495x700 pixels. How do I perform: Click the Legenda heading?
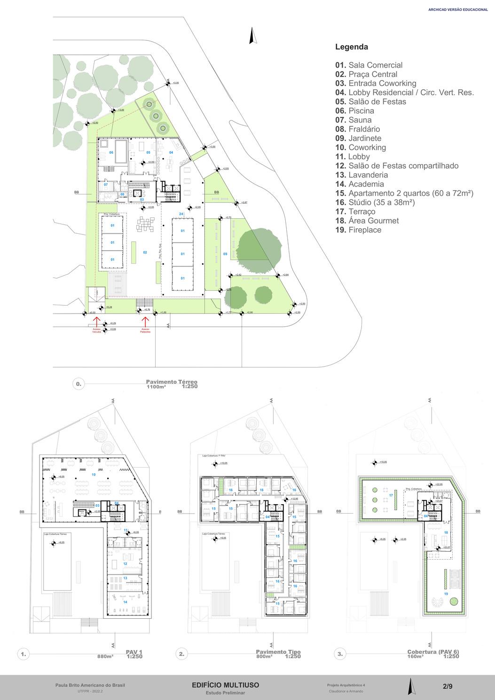click(351, 47)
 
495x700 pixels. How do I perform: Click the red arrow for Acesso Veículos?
click(96, 322)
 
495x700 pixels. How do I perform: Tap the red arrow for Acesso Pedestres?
click(145, 322)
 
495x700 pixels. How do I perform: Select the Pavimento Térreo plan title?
click(172, 382)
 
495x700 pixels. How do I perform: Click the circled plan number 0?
click(79, 384)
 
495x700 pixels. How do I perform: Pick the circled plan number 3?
click(340, 653)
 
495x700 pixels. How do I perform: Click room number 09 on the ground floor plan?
click(225, 254)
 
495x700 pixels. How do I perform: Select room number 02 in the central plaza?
click(145, 253)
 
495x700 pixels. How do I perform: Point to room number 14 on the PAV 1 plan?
click(125, 602)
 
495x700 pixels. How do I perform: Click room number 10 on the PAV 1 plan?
click(93, 475)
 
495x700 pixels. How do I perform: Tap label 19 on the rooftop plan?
click(446, 594)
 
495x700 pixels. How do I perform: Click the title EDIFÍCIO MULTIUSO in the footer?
click(225, 685)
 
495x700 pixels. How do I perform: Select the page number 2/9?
click(448, 686)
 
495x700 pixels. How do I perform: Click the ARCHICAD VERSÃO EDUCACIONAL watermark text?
click(458, 9)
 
